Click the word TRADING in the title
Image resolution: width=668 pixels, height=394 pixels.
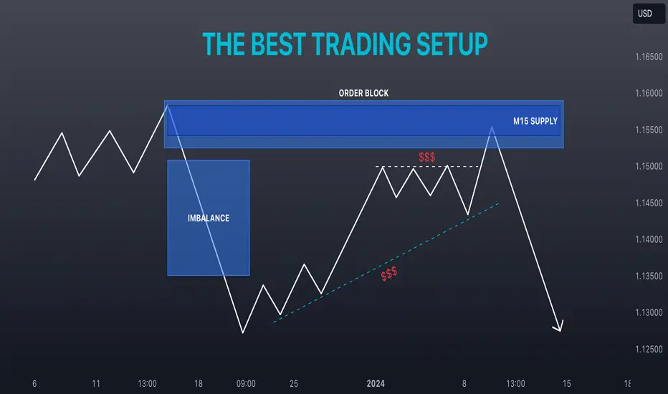(361, 44)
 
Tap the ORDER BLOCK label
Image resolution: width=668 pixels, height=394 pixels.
(363, 93)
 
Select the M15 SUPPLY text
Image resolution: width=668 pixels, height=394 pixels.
(535, 121)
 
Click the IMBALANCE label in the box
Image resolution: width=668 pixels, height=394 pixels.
(209, 218)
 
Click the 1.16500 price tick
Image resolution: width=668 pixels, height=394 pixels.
(649, 57)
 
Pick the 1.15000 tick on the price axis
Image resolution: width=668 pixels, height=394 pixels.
(649, 166)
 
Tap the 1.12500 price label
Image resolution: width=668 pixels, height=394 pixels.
(649, 349)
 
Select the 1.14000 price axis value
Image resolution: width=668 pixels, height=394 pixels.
(649, 239)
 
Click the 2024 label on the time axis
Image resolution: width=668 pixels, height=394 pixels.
(376, 384)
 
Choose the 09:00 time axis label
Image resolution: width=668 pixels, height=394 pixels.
(246, 384)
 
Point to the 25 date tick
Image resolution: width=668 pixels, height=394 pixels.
(294, 384)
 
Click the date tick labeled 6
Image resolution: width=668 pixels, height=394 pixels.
(34, 384)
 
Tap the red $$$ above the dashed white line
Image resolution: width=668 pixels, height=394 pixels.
(427, 157)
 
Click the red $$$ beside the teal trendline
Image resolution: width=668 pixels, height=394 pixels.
(389, 274)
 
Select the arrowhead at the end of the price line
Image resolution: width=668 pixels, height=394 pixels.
(559, 329)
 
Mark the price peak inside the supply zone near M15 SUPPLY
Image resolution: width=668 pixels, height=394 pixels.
(492, 127)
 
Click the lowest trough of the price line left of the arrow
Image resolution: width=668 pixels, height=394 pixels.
(243, 332)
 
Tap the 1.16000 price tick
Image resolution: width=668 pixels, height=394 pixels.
(649, 93)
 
